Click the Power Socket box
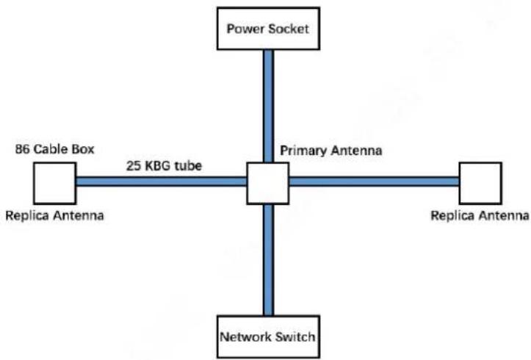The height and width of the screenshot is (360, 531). coord(268,29)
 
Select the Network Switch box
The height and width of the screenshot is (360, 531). coord(268,337)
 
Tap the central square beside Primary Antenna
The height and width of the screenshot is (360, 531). coord(268,183)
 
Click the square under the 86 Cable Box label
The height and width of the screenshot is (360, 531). coord(55,183)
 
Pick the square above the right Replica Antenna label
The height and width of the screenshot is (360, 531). coord(480,183)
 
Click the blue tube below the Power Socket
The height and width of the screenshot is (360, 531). coord(268,106)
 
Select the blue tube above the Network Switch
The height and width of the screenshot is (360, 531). coord(268,260)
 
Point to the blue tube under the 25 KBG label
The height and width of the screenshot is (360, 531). coord(161,181)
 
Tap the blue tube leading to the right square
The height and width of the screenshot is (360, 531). coord(375,181)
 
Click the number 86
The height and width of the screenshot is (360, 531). coord(22,149)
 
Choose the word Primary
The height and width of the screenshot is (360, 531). coord(303,151)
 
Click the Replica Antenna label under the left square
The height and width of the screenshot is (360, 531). coord(54,215)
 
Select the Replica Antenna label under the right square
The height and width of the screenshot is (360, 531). coord(480,215)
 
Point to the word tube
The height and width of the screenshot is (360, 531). coord(189,165)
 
